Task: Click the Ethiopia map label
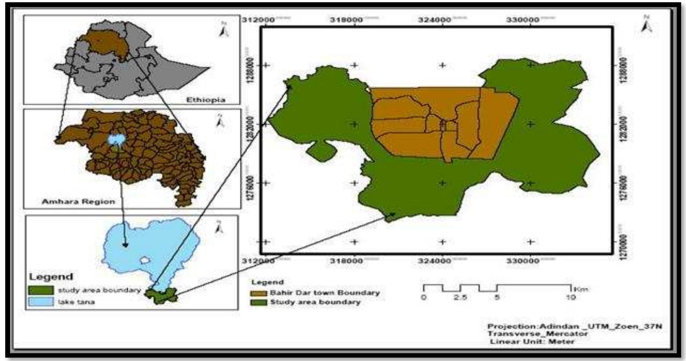click(x=206, y=100)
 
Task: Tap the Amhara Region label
click(x=78, y=201)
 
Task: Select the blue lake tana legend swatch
click(x=41, y=301)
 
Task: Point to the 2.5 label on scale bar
click(x=460, y=297)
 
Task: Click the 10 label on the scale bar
click(x=571, y=297)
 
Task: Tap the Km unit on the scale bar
click(x=580, y=288)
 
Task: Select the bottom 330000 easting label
click(x=522, y=261)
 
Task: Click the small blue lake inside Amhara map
click(x=117, y=139)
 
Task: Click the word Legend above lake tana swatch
click(x=51, y=277)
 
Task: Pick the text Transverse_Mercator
click(x=537, y=333)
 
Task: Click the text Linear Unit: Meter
click(x=532, y=341)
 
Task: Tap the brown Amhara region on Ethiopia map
click(x=105, y=45)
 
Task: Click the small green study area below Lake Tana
click(x=161, y=295)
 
